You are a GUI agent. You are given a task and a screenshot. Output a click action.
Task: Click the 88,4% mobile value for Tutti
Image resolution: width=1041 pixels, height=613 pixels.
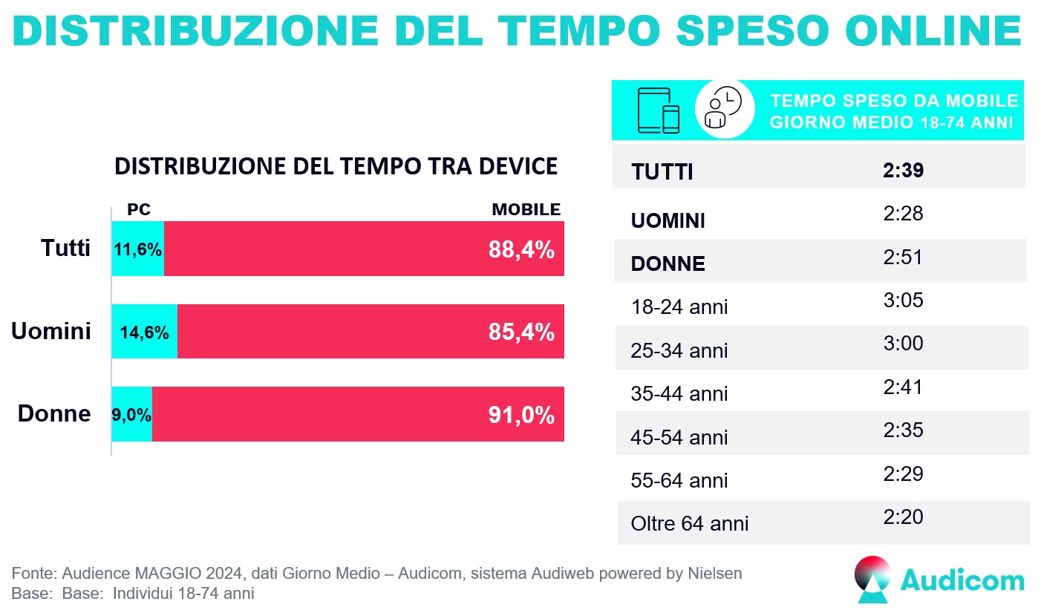click(521, 249)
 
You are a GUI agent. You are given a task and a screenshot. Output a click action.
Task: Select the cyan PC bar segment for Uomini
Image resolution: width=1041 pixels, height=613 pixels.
click(145, 332)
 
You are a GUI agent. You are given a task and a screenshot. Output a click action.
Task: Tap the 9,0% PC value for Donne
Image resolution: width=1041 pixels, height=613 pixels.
click(131, 415)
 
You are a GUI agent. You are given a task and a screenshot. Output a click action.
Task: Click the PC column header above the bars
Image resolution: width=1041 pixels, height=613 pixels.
click(139, 210)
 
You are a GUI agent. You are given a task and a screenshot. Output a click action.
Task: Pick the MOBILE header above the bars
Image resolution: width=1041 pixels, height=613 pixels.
click(526, 210)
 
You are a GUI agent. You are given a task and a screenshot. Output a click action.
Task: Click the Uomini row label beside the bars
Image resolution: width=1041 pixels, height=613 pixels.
click(51, 331)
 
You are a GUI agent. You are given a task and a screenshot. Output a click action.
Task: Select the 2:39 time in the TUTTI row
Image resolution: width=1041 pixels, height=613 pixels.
click(903, 171)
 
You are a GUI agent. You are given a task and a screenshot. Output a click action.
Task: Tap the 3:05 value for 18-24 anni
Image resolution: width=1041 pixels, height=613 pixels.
click(903, 301)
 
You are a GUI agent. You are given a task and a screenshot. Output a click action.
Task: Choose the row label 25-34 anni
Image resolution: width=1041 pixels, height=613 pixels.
click(679, 350)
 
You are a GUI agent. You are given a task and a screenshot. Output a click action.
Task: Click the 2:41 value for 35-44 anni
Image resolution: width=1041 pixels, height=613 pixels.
click(903, 387)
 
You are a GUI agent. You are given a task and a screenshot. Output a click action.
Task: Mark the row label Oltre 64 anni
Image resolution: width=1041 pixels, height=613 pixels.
click(690, 524)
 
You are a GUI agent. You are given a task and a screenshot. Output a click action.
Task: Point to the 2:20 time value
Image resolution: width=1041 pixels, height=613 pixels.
click(903, 517)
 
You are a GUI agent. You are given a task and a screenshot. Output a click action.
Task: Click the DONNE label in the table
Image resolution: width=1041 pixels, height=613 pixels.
click(668, 264)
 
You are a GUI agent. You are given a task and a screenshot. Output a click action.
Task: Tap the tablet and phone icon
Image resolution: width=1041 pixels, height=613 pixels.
click(659, 111)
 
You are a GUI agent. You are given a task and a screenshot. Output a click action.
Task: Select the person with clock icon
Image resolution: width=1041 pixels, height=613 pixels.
click(719, 108)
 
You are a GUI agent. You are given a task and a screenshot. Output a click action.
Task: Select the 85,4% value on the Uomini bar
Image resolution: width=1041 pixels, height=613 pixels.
click(521, 332)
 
